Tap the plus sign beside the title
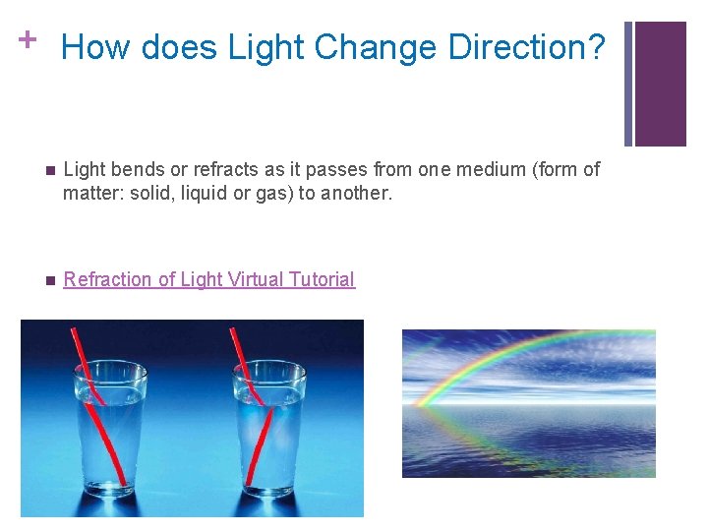tap(29, 39)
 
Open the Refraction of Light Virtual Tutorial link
tap(208, 279)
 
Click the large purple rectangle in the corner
tap(660, 84)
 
